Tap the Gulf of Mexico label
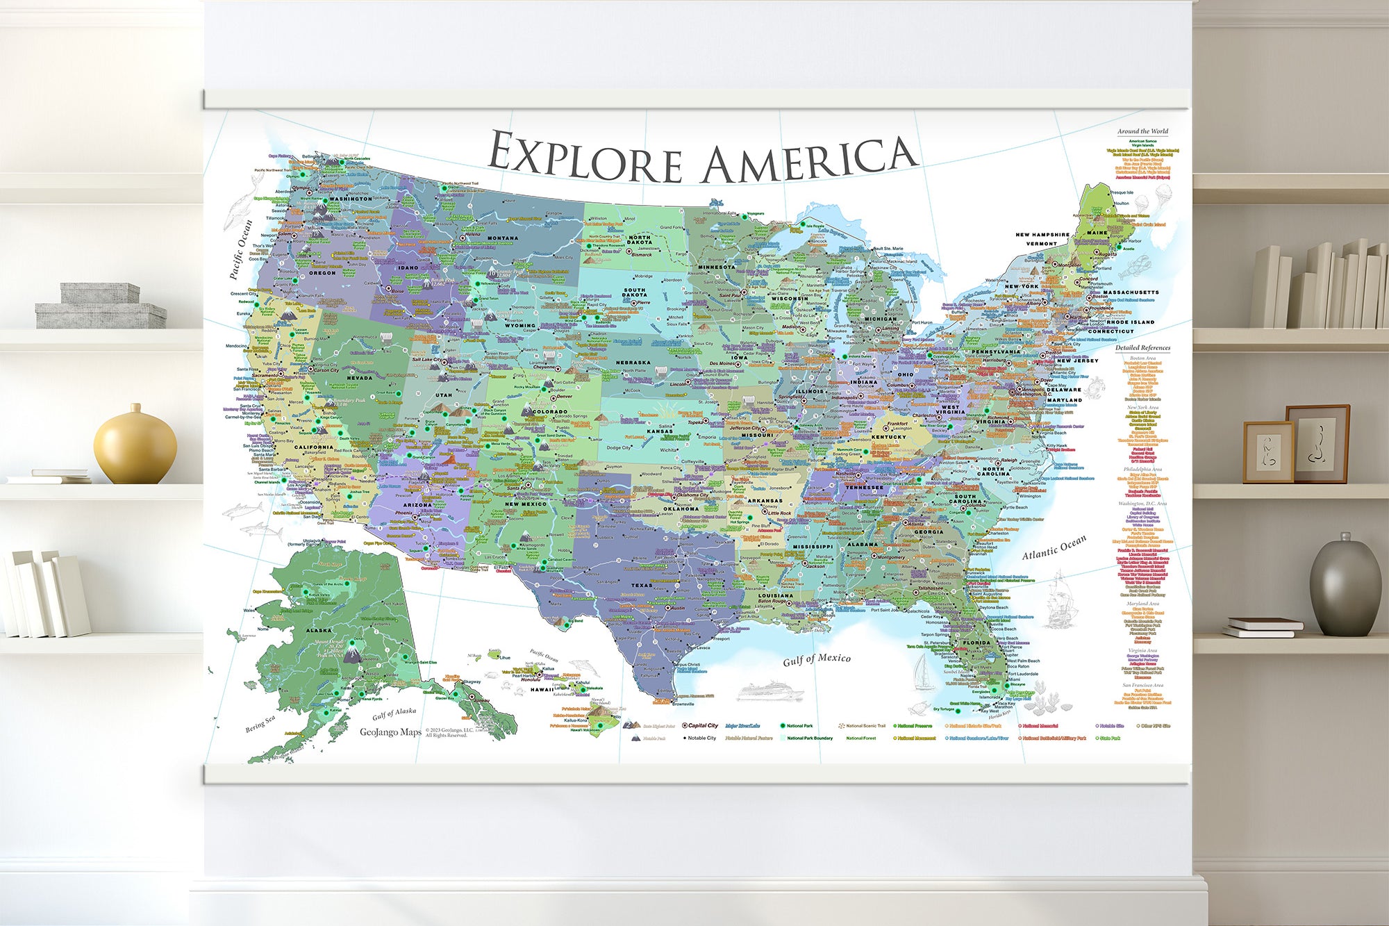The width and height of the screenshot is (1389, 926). point(816,659)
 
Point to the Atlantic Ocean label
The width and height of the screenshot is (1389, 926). point(1054,547)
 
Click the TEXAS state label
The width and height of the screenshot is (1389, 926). point(641,586)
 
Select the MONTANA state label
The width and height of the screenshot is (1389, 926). point(502,238)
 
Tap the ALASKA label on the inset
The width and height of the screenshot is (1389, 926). point(319,631)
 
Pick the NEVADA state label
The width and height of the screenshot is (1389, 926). point(359,378)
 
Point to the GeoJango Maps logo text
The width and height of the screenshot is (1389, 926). point(390,732)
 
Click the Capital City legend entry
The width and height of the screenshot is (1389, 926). point(702,725)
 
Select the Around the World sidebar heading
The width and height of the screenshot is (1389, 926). point(1142,131)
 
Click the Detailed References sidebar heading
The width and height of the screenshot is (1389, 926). point(1142,348)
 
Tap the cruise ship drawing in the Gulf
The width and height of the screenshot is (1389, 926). point(770,691)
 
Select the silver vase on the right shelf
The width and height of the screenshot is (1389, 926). point(1345,588)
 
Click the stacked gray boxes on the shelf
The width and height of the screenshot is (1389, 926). point(100,306)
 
